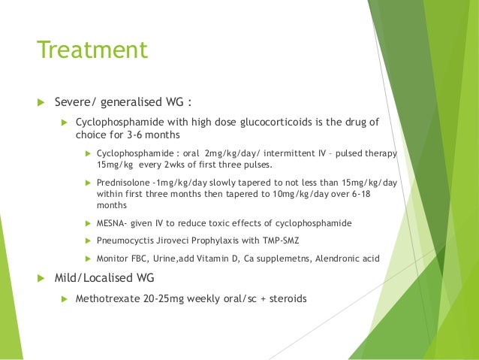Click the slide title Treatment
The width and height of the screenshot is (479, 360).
(92, 50)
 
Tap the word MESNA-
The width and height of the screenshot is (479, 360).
(115, 223)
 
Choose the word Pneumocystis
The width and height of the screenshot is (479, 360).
(125, 241)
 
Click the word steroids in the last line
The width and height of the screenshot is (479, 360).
(285, 298)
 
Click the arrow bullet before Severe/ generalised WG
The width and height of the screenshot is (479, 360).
(41, 101)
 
